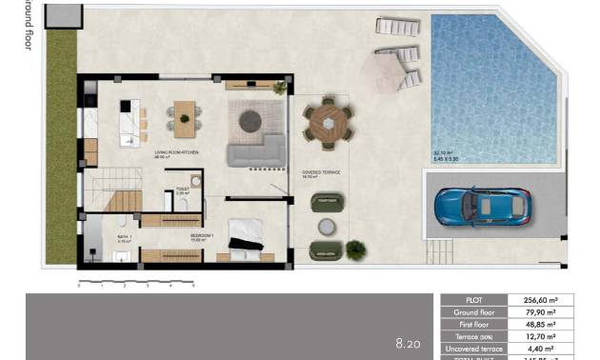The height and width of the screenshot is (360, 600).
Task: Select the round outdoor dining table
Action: coord(329,123)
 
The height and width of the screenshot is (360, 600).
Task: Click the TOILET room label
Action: coord(182,189)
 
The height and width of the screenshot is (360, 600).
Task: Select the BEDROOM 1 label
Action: coord(202,235)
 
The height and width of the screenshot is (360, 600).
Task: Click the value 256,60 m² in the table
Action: coord(539,299)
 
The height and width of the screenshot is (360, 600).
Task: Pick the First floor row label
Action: coord(473,324)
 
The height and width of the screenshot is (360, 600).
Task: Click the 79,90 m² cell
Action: coord(539,311)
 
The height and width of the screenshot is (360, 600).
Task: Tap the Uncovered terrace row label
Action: coord(473,349)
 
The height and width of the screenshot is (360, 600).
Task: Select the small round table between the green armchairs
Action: coord(327,226)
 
